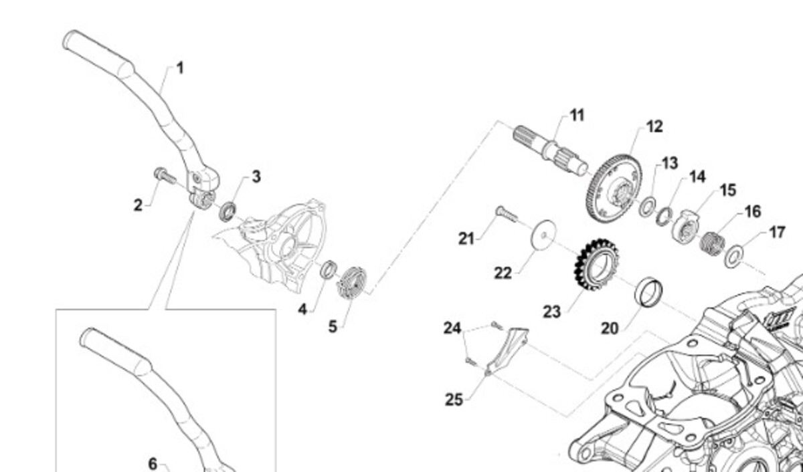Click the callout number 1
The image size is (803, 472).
pyautogui.click(x=179, y=68)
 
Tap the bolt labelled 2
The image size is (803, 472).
pyautogui.click(x=165, y=176)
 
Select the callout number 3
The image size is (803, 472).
pyautogui.click(x=256, y=176)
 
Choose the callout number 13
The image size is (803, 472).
pyautogui.click(x=669, y=163)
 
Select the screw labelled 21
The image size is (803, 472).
pyautogui.click(x=506, y=215)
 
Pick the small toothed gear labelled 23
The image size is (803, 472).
pyautogui.click(x=596, y=265)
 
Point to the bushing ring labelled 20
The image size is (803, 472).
pyautogui.click(x=649, y=291)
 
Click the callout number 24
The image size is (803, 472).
pyautogui.click(x=452, y=328)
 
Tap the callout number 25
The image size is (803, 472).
pyautogui.click(x=454, y=399)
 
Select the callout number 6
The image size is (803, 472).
pyautogui.click(x=153, y=463)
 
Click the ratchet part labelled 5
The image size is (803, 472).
pyautogui.click(x=353, y=283)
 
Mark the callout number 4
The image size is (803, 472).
pyautogui.click(x=302, y=310)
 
